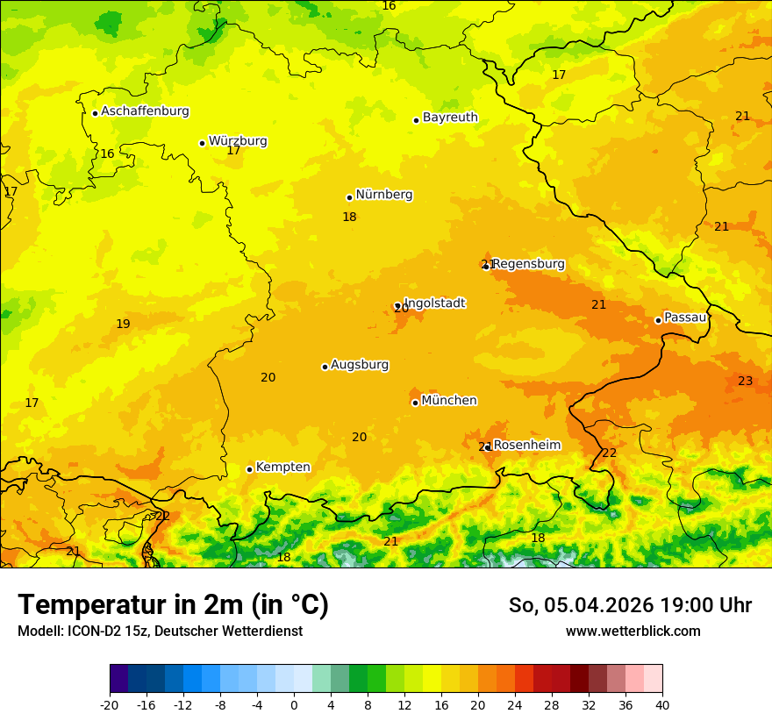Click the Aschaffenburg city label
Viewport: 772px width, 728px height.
[x=145, y=111]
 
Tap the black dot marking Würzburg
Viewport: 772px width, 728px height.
[x=202, y=143]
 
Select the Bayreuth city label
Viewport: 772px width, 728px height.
[x=450, y=118]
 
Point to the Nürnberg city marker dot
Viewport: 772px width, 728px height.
[x=349, y=197]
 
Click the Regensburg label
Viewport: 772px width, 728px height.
[x=528, y=264]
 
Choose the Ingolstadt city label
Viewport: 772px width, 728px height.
[x=434, y=303]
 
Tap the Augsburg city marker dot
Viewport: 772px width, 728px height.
[x=325, y=367]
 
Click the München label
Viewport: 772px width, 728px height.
[x=449, y=401]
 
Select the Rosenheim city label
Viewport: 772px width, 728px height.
[x=526, y=446]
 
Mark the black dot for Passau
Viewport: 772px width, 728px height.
[x=658, y=320]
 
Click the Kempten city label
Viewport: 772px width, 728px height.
[x=282, y=467]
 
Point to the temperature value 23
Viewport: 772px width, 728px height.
[x=745, y=381]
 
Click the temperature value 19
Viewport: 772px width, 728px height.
[x=123, y=325]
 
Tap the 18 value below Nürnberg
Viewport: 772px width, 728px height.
[x=349, y=217]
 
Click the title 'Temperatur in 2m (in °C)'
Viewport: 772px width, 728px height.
[x=173, y=605]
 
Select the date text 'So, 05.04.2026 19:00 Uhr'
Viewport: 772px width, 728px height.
[x=630, y=605]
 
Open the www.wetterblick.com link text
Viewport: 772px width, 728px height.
[x=633, y=632]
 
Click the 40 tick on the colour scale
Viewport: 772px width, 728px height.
[x=661, y=704]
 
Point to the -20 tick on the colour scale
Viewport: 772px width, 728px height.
[x=110, y=704]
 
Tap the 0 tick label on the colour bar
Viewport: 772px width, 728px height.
[x=294, y=704]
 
